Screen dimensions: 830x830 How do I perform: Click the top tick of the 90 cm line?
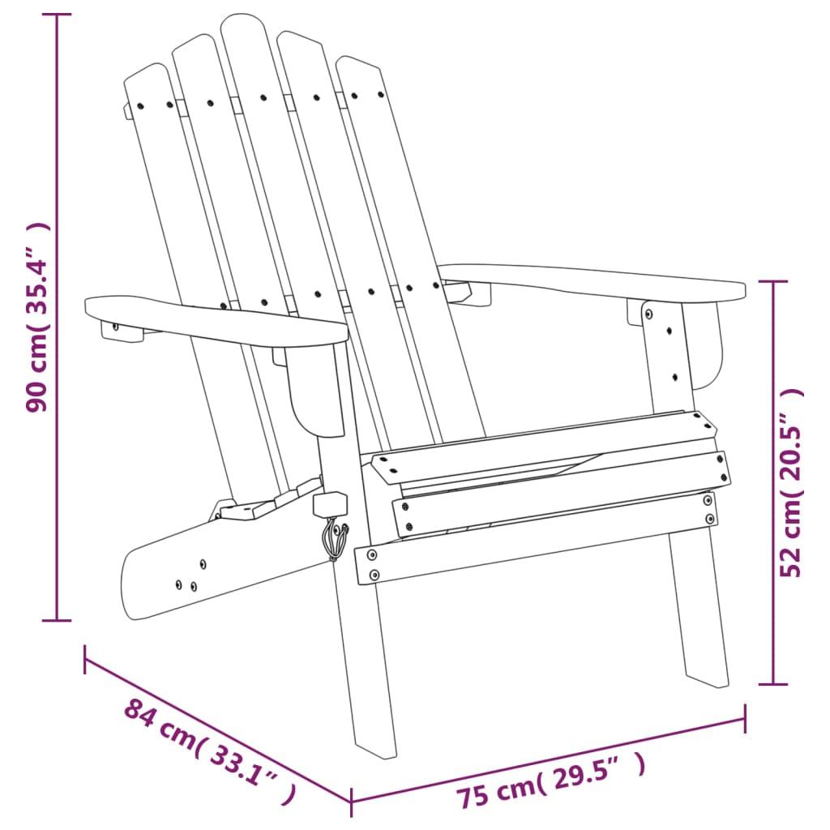pyautogui.click(x=57, y=15)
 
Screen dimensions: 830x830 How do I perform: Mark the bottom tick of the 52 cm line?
pyautogui.click(x=773, y=684)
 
